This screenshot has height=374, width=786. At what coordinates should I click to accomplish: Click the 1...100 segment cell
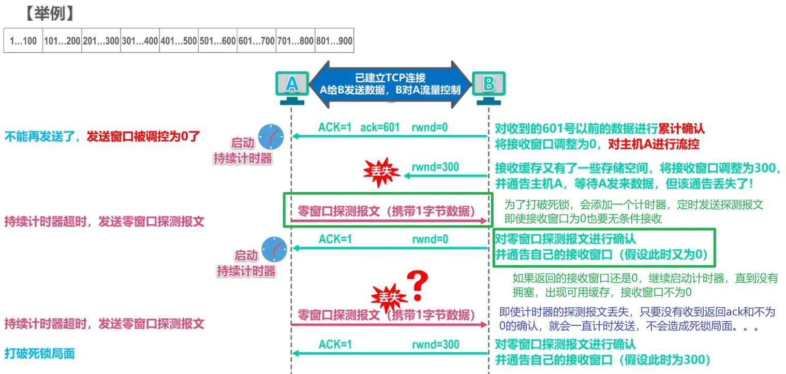coord(23,41)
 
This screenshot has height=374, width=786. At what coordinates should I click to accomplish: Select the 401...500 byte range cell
coord(179,41)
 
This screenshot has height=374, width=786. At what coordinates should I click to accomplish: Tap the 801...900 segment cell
coord(334,41)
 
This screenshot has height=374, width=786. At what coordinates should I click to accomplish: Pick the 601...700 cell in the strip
coord(256,41)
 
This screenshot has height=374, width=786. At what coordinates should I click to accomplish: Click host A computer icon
coord(292,87)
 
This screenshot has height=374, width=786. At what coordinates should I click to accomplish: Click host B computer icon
coord(488,87)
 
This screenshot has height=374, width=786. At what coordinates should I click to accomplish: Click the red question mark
coord(417,284)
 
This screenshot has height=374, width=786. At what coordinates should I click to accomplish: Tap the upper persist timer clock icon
coord(271,137)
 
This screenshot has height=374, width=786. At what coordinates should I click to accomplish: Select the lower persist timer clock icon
coord(274,249)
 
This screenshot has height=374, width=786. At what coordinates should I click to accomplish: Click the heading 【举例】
coord(49,13)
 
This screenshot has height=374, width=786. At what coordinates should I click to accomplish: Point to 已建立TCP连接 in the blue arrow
coord(390,78)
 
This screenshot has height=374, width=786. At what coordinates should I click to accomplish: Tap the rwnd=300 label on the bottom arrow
coord(435,344)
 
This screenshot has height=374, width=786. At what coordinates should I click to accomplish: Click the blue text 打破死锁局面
coord(40,354)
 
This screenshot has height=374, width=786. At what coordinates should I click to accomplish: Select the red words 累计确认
coord(681,128)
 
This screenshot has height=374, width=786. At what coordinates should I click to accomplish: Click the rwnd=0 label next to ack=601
coord(429,127)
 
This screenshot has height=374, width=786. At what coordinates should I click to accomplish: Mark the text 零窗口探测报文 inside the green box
coord(331,211)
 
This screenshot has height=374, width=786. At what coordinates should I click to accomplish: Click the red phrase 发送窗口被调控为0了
coord(143,137)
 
